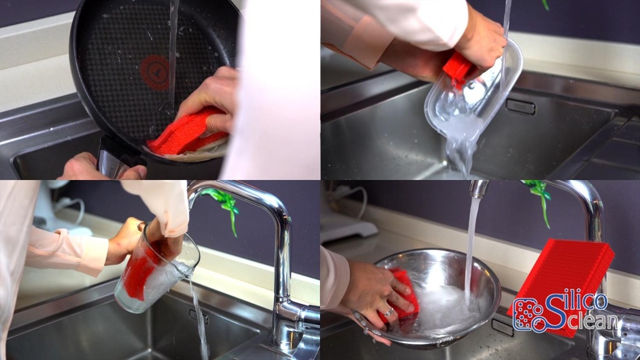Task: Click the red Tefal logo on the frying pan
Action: [155, 72]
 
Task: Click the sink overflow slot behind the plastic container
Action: [521, 106]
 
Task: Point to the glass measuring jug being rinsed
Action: [156, 269]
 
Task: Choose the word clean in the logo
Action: [594, 320]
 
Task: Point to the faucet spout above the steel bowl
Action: [478, 189]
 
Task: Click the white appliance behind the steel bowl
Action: [351, 227]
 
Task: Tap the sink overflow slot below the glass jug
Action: [199, 317]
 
